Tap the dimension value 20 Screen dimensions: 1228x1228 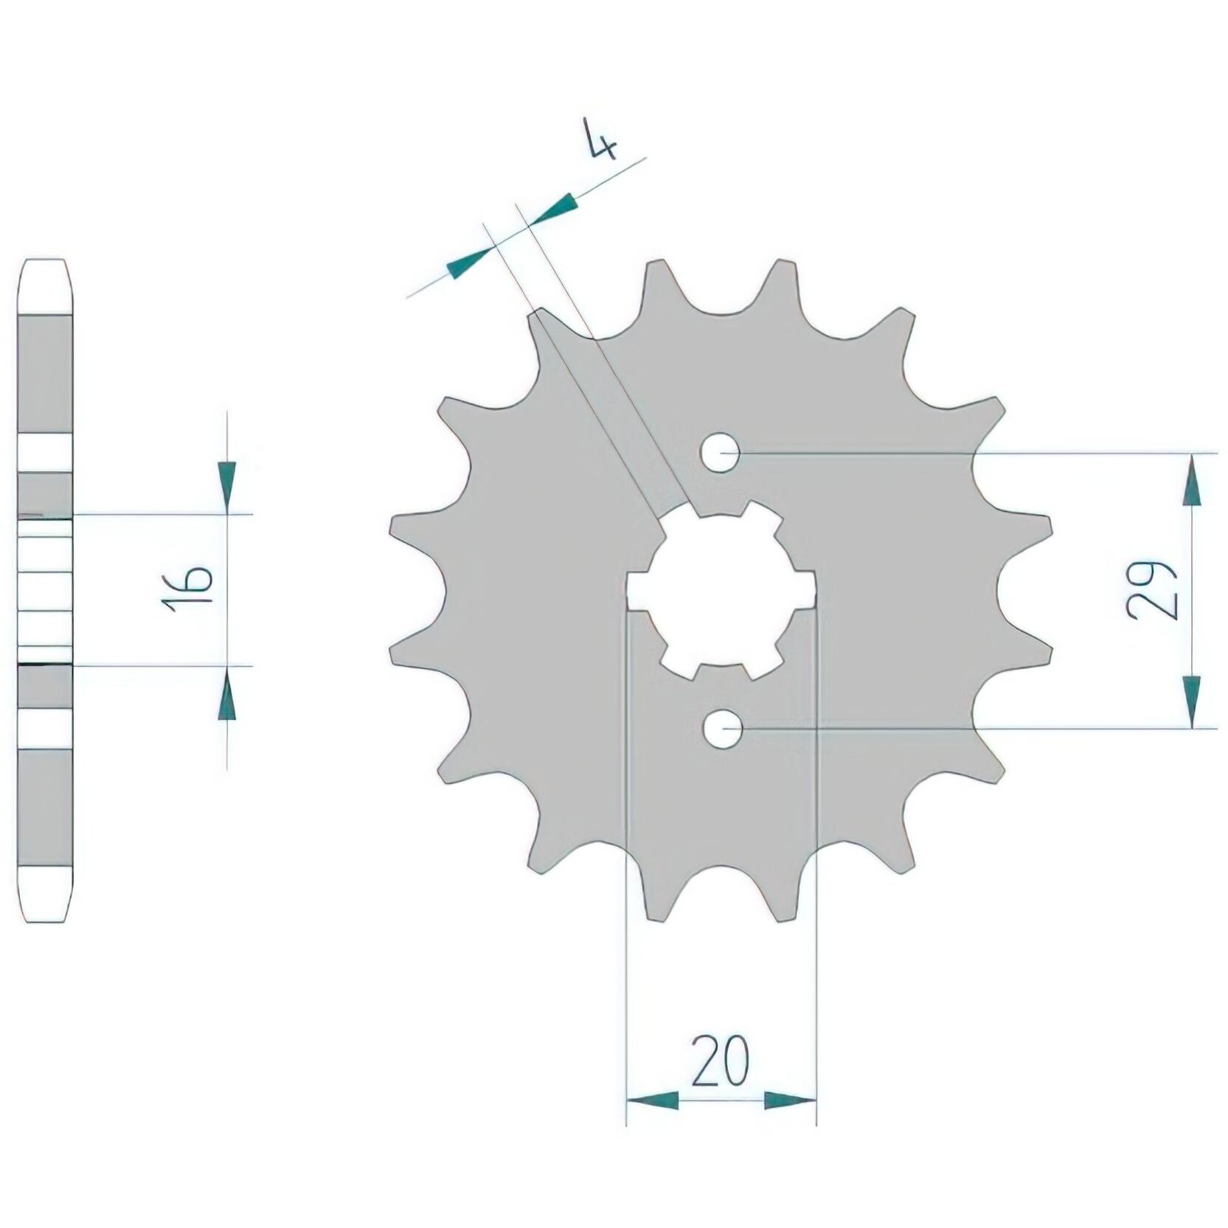pyautogui.click(x=720, y=1060)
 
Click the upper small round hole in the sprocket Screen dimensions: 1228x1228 pyautogui.click(x=721, y=453)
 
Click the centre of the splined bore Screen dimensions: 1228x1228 pyautogui.click(x=721, y=591)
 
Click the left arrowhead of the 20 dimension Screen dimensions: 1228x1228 pyautogui.click(x=652, y=1100)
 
